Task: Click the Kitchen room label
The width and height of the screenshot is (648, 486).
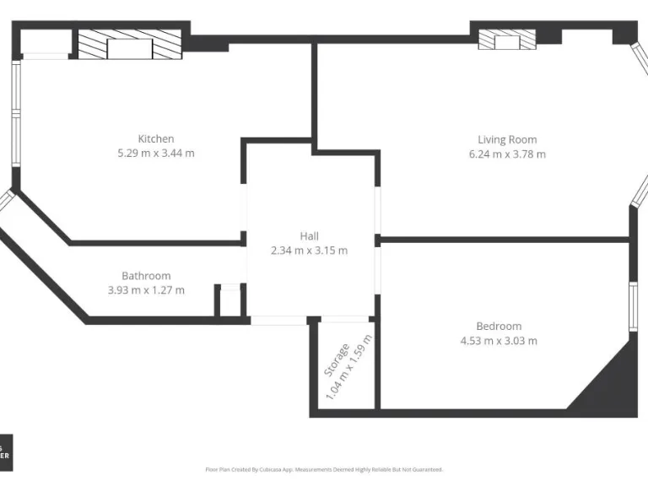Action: point(156,138)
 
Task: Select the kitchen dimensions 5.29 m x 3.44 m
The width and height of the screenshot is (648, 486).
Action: point(156,153)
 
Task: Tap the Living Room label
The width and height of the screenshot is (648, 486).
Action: point(506,139)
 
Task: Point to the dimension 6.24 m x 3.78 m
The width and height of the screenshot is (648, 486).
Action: point(506,154)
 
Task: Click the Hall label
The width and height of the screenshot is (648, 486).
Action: point(309,236)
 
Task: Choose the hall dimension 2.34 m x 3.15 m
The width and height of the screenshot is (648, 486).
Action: point(309,251)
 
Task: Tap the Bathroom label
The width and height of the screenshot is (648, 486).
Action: point(146,275)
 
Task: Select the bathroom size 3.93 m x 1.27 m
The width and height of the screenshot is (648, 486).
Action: point(146,289)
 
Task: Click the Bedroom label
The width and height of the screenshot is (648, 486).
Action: point(498,326)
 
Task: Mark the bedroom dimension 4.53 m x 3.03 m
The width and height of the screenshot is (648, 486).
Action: point(498,341)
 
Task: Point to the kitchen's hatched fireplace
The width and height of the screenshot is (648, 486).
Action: point(129,46)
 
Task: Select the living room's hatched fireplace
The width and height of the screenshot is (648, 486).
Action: point(506,40)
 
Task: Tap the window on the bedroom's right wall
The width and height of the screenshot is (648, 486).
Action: point(633,305)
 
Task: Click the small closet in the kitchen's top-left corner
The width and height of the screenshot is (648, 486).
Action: point(45,42)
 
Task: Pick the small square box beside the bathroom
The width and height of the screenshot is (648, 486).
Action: point(229,302)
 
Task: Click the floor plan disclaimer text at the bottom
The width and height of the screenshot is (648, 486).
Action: point(324,469)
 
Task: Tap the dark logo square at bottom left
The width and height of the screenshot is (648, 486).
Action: point(6,452)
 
